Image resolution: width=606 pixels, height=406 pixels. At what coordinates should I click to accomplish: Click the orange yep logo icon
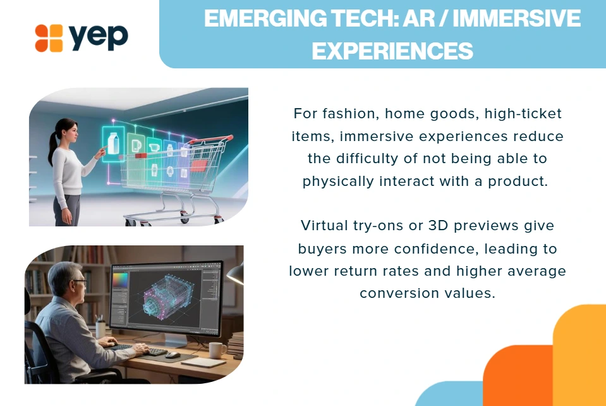[49, 38]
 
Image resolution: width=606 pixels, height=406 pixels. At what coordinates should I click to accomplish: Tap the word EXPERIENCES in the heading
[392, 51]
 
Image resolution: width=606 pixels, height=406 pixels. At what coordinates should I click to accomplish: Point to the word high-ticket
[523, 114]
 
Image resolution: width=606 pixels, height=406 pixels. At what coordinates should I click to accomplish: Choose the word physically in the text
[338, 181]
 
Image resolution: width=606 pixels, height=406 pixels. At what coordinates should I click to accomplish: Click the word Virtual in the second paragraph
[324, 225]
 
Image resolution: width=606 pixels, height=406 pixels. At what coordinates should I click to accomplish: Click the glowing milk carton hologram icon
[113, 144]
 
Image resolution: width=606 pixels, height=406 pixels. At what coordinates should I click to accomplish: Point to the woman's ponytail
[53, 147]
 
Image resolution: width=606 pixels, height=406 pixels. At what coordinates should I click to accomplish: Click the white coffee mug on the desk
[217, 350]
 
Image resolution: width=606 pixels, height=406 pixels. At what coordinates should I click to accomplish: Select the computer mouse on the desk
[173, 355]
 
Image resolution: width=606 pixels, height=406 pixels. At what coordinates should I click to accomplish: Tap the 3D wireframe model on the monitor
[167, 297]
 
